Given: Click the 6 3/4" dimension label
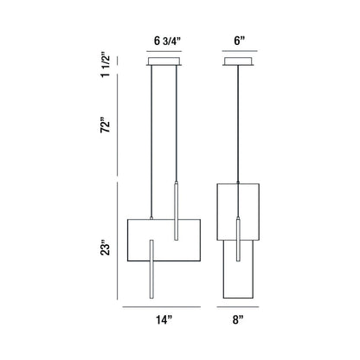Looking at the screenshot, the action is pos(167,41).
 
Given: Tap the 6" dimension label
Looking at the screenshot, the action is pos(239,41).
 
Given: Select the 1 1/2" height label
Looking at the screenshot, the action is pos(106,65).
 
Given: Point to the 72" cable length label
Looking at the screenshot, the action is pos(106,125).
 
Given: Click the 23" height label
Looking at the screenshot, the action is pos(106,249).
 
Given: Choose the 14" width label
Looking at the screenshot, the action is pos(164,319).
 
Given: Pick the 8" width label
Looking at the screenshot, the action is pos(238,319).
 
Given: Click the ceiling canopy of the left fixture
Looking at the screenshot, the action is pos(164,61).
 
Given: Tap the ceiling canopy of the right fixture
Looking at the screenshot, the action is pos(238,61).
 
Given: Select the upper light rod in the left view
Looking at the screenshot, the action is pos(176,211).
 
